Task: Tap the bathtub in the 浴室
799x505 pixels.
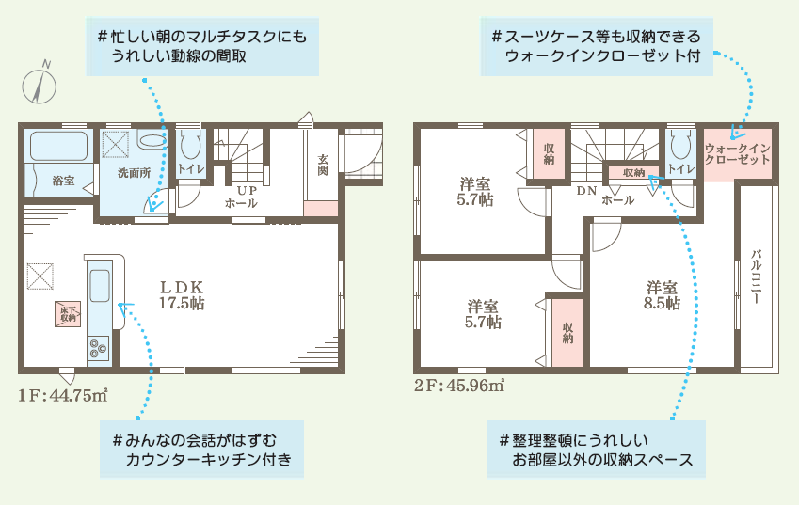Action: [58, 146]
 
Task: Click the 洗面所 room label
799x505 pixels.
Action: [134, 173]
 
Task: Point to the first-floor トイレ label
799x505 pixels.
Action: [191, 169]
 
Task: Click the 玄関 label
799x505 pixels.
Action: [323, 165]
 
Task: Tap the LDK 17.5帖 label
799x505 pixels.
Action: [182, 294]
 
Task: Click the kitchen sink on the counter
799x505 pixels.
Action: [100, 286]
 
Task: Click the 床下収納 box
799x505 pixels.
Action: [68, 314]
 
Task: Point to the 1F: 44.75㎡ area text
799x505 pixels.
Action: [63, 395]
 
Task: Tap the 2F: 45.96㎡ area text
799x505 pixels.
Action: [459, 386]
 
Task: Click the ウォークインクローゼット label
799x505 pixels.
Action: [737, 153]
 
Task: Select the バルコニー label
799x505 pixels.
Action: [756, 276]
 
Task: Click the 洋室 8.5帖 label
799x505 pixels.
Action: [662, 295]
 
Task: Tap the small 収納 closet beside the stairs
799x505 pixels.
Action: [634, 173]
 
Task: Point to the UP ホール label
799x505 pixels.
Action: [242, 197]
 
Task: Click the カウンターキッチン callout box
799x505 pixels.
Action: [201, 449]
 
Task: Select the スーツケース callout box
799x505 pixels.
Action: [597, 46]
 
